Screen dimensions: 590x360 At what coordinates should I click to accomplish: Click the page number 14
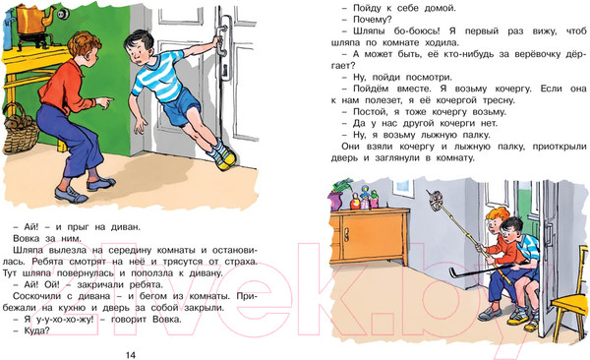pos(130,355)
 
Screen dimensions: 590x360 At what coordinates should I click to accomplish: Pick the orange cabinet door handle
pos(347,236)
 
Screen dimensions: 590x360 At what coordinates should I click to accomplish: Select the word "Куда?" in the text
pos(36,330)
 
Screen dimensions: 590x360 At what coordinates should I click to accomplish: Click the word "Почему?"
pos(373,20)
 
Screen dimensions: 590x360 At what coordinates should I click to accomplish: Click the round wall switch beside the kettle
pos(63,15)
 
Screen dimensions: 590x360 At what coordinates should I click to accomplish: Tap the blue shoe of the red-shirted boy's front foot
pos(71,195)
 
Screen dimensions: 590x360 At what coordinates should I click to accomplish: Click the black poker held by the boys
pos(486,270)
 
